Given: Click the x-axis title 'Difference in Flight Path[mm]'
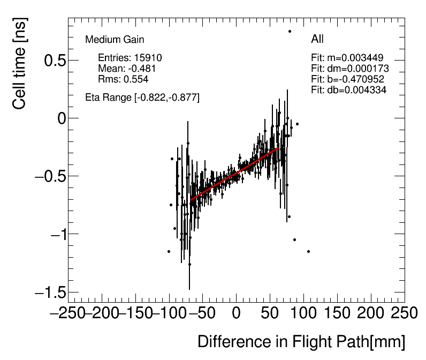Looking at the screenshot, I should point(301,342).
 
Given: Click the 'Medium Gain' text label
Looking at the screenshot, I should point(115,40).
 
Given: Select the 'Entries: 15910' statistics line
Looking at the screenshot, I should point(130,58).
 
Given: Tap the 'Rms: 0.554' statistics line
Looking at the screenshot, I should point(123,79).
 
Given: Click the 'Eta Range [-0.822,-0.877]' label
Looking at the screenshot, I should point(142,97).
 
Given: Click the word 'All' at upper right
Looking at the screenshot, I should point(317,39).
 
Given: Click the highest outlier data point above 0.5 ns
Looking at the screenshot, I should point(290,31).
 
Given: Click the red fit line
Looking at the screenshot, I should point(235,173).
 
